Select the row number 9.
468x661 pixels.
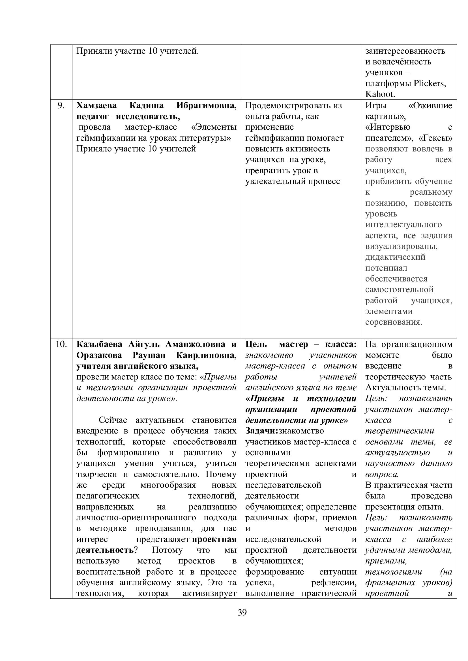tap(61, 106)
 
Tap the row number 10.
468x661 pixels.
tap(61, 344)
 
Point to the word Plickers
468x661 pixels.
tap(430, 83)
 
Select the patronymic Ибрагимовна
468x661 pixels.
tap(206, 106)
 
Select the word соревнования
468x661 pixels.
tap(394, 322)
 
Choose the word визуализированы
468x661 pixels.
tap(401, 246)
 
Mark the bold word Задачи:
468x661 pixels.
tap(262, 431)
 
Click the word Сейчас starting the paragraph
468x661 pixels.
tap(113, 420)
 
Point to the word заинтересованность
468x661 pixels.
tap(405, 51)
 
